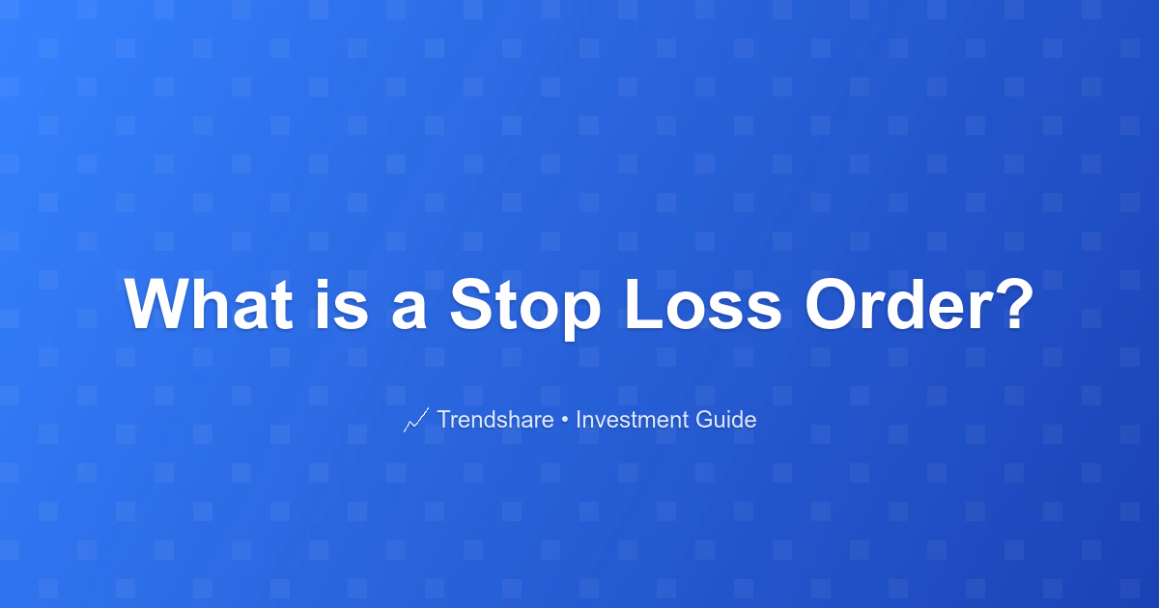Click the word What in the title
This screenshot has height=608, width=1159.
209,304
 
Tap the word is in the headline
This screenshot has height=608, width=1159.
342,304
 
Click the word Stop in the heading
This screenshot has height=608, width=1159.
525,309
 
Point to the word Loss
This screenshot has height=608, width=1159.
703,304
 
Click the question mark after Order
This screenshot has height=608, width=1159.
1015,304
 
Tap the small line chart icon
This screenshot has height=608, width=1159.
416,420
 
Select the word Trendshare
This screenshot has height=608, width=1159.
495,419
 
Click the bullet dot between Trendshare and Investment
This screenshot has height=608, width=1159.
564,421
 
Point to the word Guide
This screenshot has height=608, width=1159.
726,419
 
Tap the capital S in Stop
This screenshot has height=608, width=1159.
472,304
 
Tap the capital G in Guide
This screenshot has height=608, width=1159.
705,419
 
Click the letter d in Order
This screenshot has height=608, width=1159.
912,304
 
